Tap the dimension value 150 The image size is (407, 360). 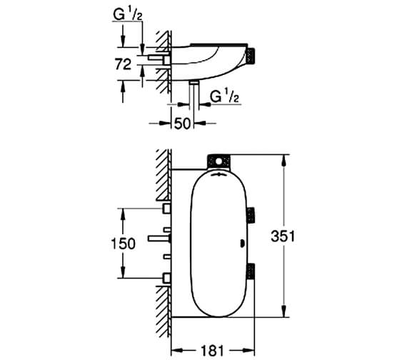123,243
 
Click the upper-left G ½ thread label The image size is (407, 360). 129,12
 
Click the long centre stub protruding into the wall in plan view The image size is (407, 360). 158,238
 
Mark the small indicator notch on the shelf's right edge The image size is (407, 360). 246,242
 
